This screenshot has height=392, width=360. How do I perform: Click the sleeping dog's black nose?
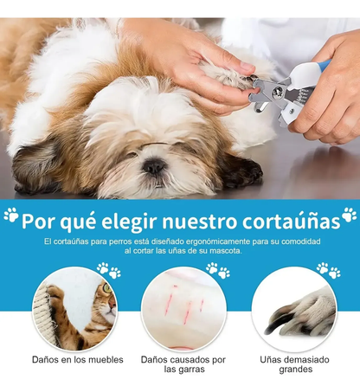coord(154,166)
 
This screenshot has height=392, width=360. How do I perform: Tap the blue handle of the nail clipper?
coord(324,66)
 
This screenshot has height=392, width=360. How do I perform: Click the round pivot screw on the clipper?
coord(278,92)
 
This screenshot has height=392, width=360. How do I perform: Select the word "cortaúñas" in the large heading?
coord(291,222)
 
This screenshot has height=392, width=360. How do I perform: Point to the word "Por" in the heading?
coord(39,222)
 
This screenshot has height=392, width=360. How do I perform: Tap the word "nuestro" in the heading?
coord(199,222)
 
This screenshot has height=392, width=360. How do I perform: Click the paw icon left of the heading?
coord(11,215)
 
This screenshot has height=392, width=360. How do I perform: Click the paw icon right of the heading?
coord(349,215)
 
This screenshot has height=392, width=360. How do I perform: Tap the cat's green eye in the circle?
coord(107,288)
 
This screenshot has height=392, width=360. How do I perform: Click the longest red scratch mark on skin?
coord(188,312)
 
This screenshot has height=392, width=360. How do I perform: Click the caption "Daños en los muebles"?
coord(78,360)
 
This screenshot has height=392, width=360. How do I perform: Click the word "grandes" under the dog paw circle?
coord(296,370)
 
